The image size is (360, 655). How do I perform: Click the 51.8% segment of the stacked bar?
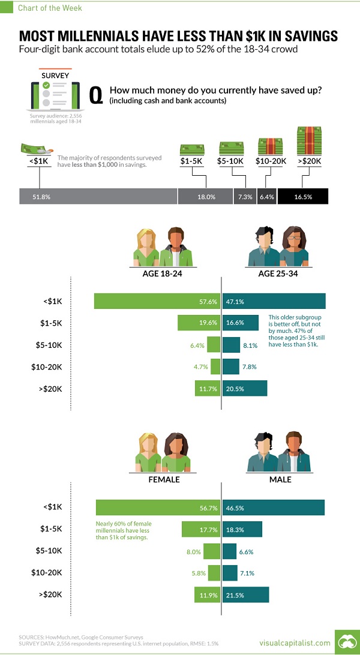[x=98, y=196]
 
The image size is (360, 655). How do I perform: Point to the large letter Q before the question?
[x=95, y=95]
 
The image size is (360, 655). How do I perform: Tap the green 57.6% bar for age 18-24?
[x=157, y=301]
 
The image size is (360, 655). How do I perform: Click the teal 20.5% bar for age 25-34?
[x=244, y=389]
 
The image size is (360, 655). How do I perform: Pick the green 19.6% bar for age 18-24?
[x=199, y=323]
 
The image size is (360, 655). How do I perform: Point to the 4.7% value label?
[x=200, y=367]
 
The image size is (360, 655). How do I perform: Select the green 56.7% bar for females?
[x=158, y=507]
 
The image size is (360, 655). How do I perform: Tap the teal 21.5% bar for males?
[x=245, y=595]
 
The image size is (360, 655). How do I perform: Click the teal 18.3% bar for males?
[x=242, y=529]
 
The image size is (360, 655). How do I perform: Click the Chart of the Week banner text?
[x=42, y=8]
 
